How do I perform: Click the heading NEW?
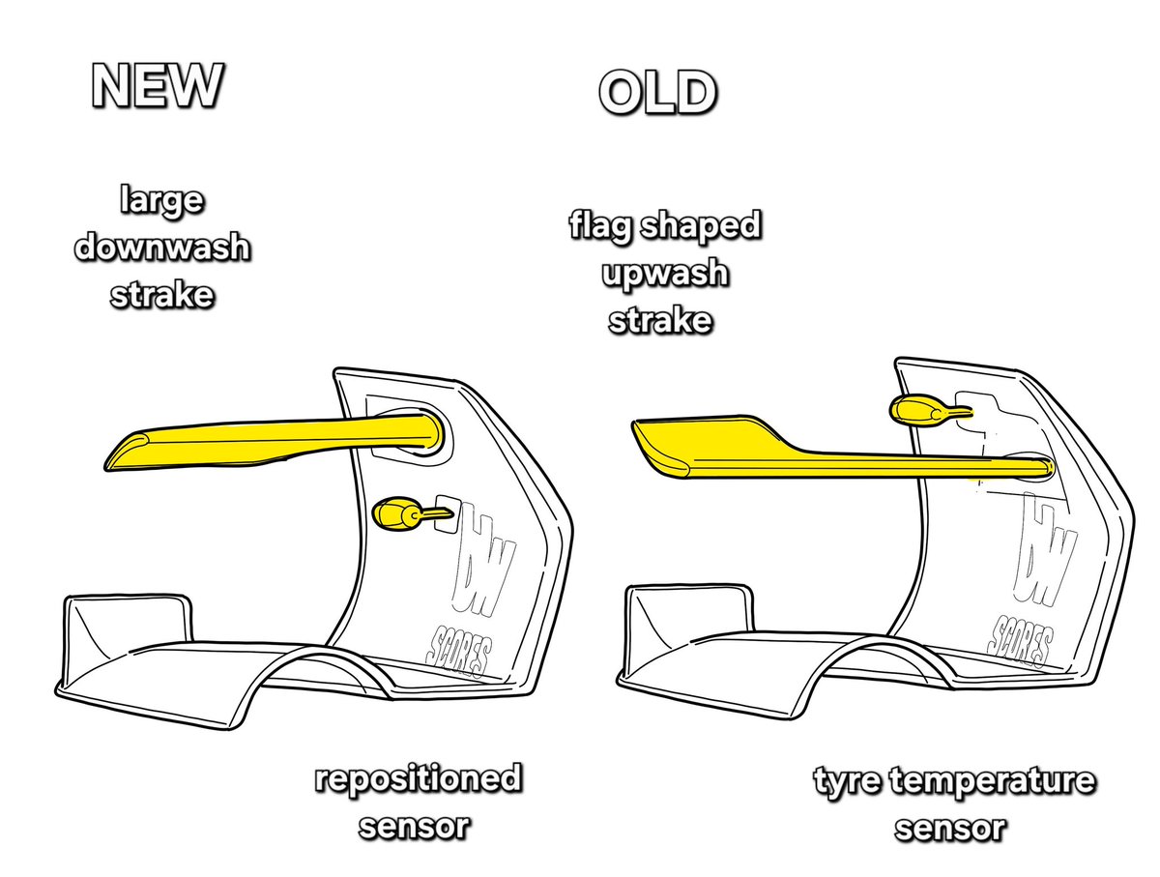click(x=158, y=88)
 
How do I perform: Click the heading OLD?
click(x=657, y=94)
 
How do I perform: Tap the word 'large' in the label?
click(x=161, y=202)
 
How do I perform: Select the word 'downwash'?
click(x=161, y=248)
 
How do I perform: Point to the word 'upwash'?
click(x=663, y=275)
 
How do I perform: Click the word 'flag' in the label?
click(x=601, y=228)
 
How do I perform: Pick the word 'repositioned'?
click(x=417, y=779)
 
